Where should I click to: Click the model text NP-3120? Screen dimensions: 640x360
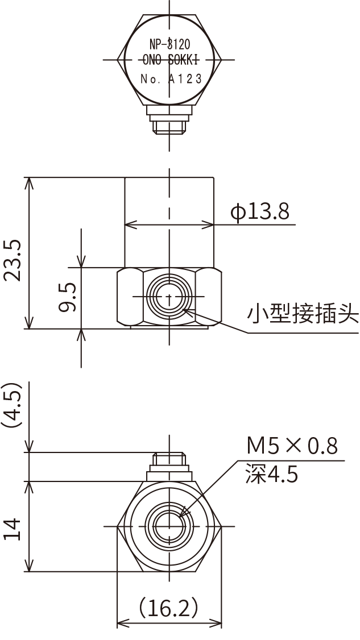(x=169, y=44)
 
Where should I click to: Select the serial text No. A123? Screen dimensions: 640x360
(x=171, y=80)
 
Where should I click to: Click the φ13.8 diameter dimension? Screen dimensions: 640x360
(x=260, y=212)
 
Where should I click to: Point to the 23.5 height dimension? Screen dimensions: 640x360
(x=13, y=260)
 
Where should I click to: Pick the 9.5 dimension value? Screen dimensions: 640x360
(x=67, y=298)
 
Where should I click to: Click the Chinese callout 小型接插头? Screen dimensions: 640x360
(x=303, y=313)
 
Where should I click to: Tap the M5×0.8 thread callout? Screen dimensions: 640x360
(x=292, y=446)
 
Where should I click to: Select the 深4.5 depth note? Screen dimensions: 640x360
(x=272, y=473)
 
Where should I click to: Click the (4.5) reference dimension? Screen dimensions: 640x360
(x=13, y=405)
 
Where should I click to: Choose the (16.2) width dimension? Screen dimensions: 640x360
(x=169, y=608)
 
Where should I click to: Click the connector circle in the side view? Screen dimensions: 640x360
(x=169, y=297)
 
